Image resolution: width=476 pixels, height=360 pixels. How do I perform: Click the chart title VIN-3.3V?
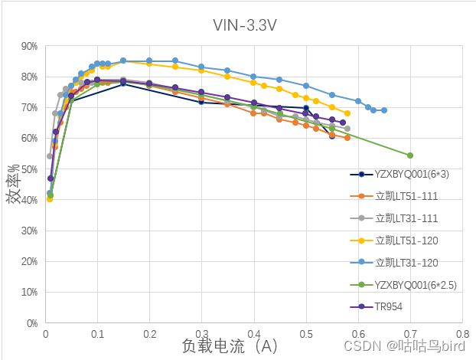coord(245,25)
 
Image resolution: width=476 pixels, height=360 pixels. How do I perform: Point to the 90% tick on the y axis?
coord(29,46)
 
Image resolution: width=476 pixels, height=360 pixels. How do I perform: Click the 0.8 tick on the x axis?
coord(461,335)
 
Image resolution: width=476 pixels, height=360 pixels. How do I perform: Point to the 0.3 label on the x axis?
coord(201,335)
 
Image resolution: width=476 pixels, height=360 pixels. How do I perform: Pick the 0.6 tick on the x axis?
coord(357,335)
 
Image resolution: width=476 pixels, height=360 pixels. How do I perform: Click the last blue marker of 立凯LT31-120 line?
coord(383,110)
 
